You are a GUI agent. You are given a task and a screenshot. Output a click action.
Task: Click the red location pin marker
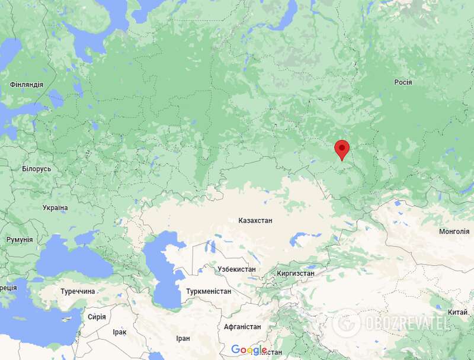click(x=342, y=149)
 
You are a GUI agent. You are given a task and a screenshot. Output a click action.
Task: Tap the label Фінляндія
click(x=27, y=85)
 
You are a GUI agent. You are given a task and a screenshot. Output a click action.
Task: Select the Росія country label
click(x=403, y=82)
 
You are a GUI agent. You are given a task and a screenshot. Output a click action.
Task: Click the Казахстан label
click(x=255, y=220)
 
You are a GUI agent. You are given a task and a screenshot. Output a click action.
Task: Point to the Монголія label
click(x=454, y=232)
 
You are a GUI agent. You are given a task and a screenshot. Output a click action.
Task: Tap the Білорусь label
click(x=37, y=169)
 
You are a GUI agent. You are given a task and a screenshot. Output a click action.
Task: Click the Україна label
click(x=55, y=208)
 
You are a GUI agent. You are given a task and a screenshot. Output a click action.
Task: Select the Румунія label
click(x=20, y=240)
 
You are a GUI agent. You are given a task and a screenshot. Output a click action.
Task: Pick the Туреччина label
click(x=78, y=292)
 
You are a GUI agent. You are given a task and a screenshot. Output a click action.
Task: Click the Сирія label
click(x=97, y=317)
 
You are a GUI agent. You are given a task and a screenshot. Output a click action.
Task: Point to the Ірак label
click(x=119, y=332)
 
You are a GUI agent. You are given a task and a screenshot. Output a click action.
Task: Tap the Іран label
click(x=183, y=338)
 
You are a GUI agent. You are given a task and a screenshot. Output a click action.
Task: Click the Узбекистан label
click(x=236, y=269)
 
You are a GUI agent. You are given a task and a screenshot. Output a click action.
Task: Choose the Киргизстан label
click(x=296, y=274)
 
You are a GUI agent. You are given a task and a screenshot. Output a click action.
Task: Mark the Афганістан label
click(x=242, y=326)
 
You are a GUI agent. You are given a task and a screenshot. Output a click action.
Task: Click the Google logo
click(x=249, y=350)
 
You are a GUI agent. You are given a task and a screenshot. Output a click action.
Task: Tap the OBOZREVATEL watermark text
click(x=407, y=323)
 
